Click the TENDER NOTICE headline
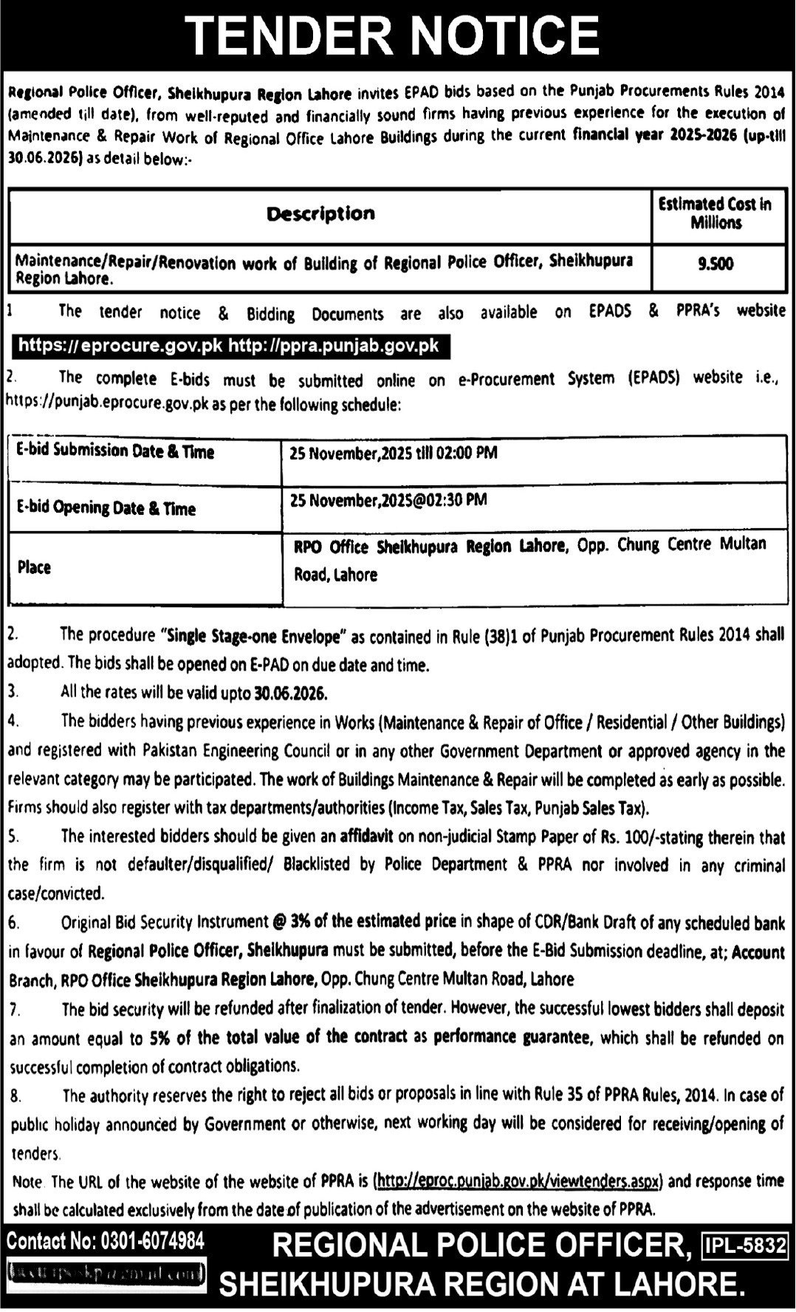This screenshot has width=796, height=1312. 392,35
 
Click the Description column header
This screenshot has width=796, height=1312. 320,214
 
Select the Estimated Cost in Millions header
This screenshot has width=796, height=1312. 714,213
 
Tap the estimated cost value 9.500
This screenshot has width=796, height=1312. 716,264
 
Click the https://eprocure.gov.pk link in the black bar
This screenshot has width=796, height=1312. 120,345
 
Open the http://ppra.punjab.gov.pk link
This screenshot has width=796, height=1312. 334,345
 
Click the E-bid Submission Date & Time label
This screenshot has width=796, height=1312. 115,451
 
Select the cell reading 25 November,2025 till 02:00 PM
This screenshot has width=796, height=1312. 394,453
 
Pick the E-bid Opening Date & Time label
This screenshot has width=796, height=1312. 106,508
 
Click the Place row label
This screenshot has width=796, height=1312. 34,567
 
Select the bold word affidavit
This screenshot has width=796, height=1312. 369,836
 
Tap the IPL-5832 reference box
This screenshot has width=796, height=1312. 745,1246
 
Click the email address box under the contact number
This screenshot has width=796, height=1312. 105,1272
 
